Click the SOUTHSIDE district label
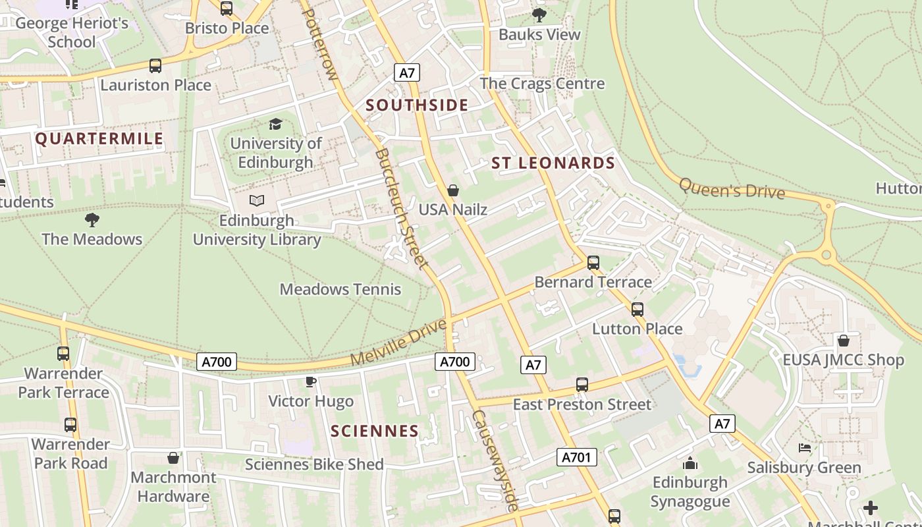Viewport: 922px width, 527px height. coord(417,105)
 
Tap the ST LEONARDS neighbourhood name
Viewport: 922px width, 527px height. coord(553,163)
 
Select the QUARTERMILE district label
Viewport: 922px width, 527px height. coord(99,138)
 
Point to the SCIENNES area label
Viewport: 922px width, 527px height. coord(375,431)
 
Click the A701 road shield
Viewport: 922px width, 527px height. coord(577,457)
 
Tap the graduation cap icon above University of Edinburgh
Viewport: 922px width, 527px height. coord(275,124)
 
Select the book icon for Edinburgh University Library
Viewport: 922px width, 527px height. coord(257,200)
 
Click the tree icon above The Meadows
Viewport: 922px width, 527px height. coord(92,219)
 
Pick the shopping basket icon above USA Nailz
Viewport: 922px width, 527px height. coord(453,190)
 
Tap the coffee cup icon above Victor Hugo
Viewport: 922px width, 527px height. coord(311,381)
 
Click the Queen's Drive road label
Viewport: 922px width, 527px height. coord(732,188)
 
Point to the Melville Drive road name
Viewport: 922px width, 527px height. coord(398,343)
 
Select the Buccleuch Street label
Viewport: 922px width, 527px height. coord(401,208)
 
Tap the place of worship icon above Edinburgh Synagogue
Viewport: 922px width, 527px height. coord(690,463)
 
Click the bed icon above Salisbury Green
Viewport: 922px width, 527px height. coord(804,448)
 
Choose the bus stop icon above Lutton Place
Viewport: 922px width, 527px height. coord(637,309)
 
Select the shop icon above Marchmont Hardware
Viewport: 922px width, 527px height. coord(173,458)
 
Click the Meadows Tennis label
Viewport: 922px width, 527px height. coord(340,289)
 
